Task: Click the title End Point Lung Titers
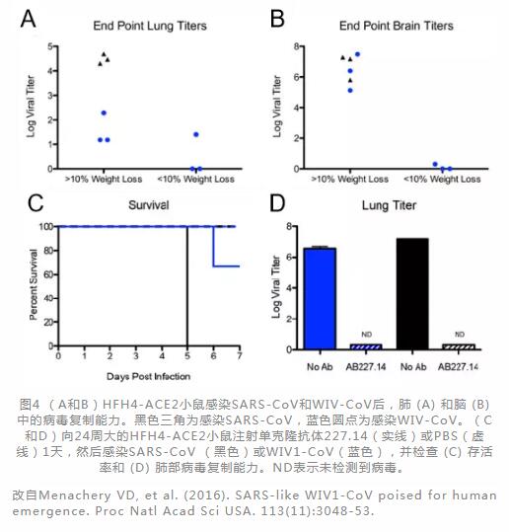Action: tap(150, 26)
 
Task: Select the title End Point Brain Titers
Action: tap(397, 26)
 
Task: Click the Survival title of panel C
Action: tap(149, 205)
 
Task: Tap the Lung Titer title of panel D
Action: tap(389, 205)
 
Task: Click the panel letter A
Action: tap(29, 19)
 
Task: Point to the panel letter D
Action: tap(277, 203)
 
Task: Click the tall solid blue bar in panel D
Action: tap(320, 298)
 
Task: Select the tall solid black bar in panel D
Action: tap(412, 294)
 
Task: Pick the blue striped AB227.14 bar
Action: tap(366, 346)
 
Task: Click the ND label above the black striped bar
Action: tap(460, 335)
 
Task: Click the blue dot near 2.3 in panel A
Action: tap(104, 113)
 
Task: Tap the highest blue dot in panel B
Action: tap(357, 54)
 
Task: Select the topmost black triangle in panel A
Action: tap(104, 54)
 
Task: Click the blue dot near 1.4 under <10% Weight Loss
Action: tap(196, 134)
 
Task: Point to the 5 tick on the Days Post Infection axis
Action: tap(187, 356)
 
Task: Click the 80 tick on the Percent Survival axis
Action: tap(48, 251)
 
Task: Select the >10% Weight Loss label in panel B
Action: tap(350, 179)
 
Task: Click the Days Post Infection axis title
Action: tap(149, 376)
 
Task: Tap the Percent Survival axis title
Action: tap(33, 284)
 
